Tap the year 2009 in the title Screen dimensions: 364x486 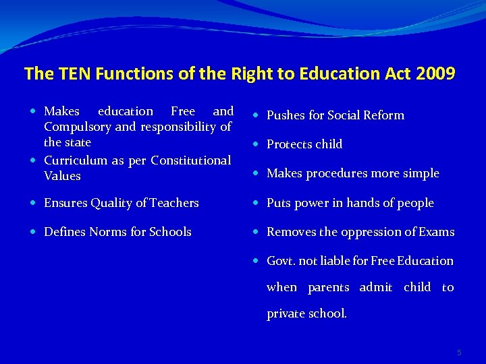pos(436,73)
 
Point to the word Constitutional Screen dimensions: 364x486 pos(191,160)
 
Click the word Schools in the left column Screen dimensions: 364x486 pos(169,232)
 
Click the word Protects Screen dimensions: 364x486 pos(288,144)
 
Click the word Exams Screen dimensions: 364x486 pos(436,232)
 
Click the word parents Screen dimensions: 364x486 pos(328,288)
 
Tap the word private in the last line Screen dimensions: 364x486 pos(287,314)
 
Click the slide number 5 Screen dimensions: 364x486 pos(459,353)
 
